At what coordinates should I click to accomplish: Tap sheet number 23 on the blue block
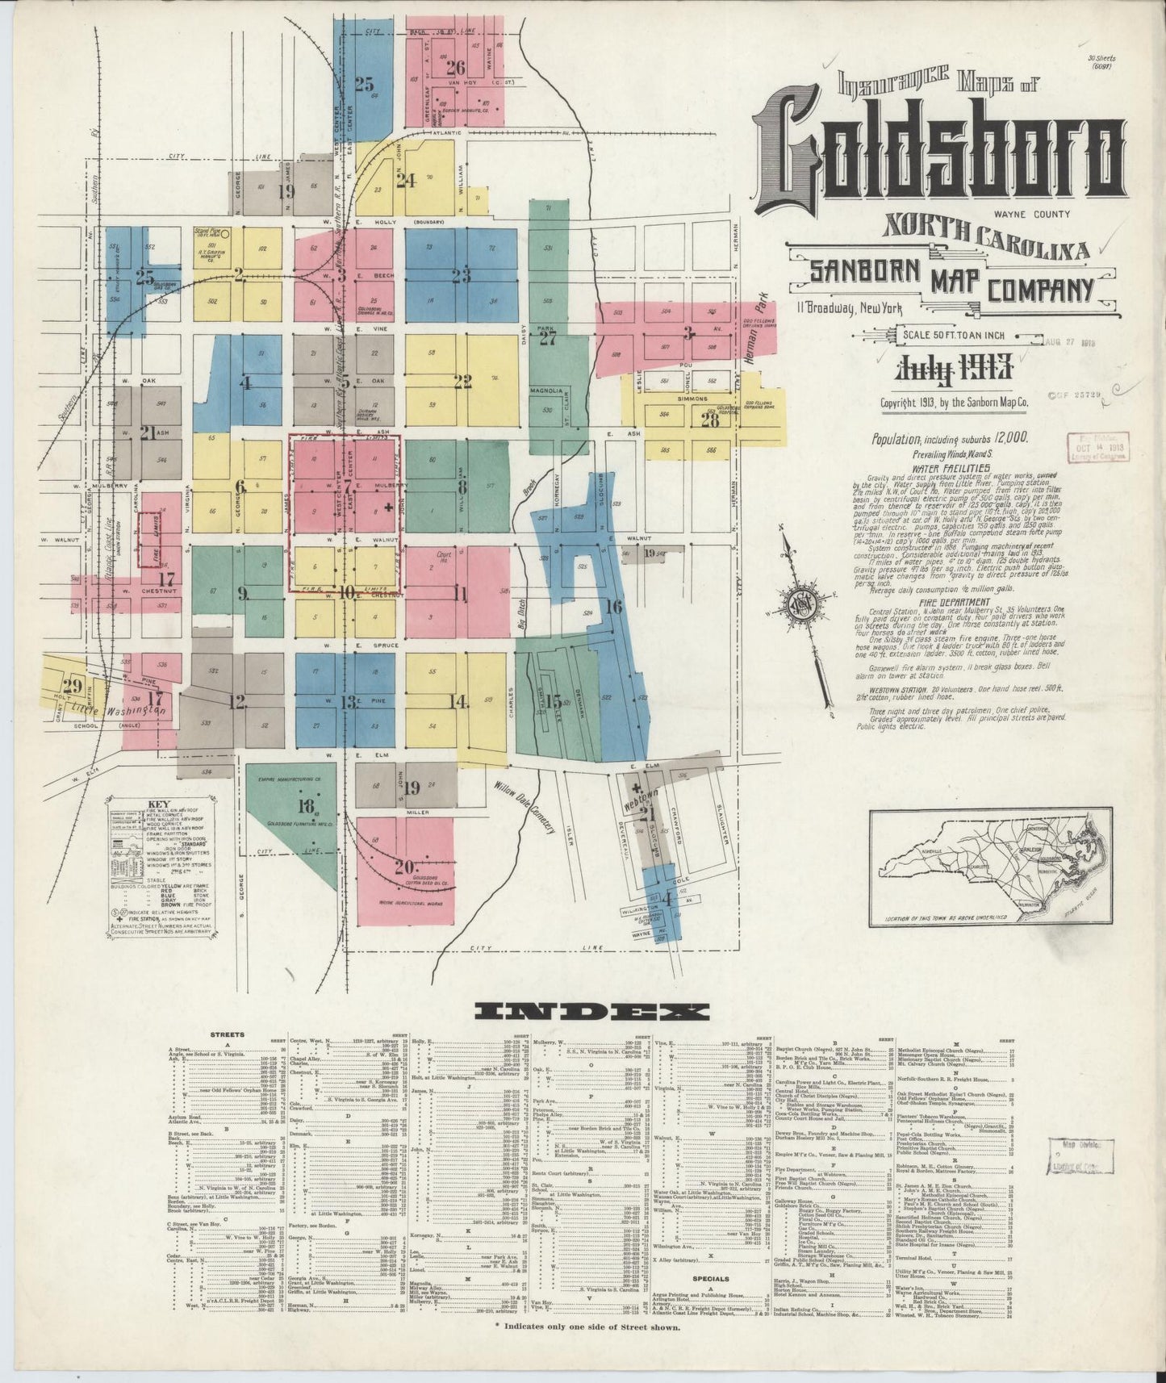pyautogui.click(x=461, y=275)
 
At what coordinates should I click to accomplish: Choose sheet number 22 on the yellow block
pyautogui.click(x=462, y=382)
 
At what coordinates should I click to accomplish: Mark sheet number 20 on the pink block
pyautogui.click(x=403, y=867)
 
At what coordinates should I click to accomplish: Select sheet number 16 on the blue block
pyautogui.click(x=613, y=606)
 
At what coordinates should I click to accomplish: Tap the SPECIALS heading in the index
pyautogui.click(x=711, y=1279)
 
